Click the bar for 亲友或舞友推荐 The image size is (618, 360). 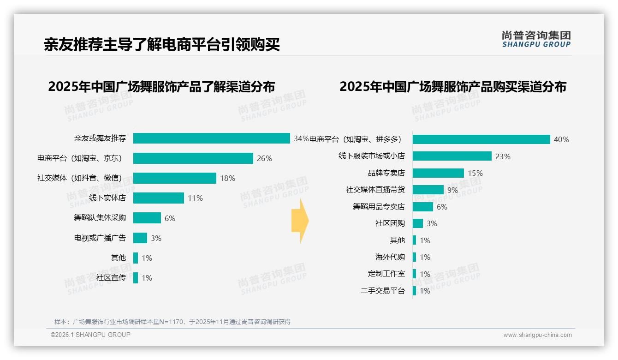(x=212, y=138)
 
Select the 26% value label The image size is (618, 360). (x=264, y=158)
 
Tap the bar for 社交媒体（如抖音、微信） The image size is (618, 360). (x=175, y=178)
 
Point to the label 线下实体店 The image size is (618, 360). (x=107, y=198)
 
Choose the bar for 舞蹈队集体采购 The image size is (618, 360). (x=147, y=218)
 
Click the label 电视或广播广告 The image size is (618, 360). (x=100, y=238)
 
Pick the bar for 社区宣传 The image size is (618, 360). (x=136, y=278)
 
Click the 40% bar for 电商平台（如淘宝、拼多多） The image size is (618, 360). (x=481, y=139)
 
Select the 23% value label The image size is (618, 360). (x=503, y=156)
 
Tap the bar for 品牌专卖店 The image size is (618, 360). (x=438, y=173)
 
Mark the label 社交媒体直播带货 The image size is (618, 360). (x=375, y=190)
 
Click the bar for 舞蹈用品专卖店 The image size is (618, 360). (x=423, y=207)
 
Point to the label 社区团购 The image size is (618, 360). (x=390, y=223)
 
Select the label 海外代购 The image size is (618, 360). (x=390, y=257)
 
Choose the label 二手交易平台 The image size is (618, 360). (x=383, y=291)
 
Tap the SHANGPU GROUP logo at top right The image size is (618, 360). (x=536, y=39)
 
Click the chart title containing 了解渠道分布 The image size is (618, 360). (x=161, y=87)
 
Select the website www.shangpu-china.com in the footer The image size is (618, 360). (x=537, y=335)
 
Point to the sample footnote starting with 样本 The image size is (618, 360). (x=172, y=322)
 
